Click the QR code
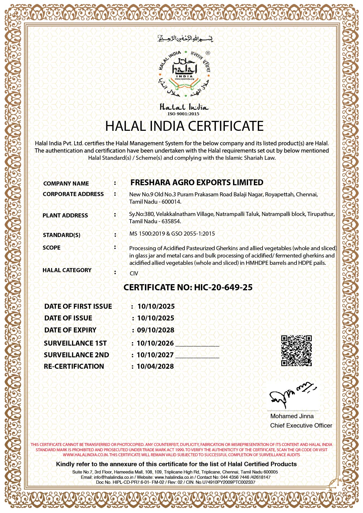click(296, 351)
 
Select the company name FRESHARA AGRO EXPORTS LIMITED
click(197, 183)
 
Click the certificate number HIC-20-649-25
click(223, 287)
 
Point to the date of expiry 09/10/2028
click(156, 330)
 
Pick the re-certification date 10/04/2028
click(155, 366)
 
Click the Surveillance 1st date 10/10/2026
click(155, 343)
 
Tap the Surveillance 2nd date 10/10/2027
click(155, 355)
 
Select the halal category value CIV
click(134, 273)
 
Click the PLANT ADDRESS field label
click(65, 216)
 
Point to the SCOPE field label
click(52, 248)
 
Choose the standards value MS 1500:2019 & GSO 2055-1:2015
click(172, 234)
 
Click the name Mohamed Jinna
click(292, 416)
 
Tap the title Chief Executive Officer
click(301, 426)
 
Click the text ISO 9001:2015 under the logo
click(183, 114)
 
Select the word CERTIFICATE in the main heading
click(226, 126)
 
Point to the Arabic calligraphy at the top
click(185, 38)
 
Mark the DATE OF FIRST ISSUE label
click(78, 306)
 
